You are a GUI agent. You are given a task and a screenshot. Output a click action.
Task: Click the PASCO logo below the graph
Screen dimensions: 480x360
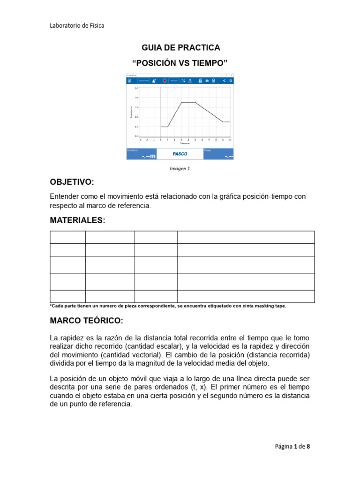[180, 154]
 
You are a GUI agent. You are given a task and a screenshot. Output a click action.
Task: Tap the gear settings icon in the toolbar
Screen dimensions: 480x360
[231, 81]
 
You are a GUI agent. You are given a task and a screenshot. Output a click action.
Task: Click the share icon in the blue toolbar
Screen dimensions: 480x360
[224, 81]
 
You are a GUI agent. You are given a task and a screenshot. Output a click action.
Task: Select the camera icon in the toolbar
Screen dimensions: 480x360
[207, 81]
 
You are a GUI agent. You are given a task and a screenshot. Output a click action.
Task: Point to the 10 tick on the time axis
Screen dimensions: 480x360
[229, 140]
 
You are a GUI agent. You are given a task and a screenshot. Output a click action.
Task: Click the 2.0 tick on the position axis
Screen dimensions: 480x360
[136, 88]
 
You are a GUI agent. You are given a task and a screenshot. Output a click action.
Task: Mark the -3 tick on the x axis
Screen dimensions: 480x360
[141, 140]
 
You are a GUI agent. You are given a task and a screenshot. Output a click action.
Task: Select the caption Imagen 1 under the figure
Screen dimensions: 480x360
[180, 168]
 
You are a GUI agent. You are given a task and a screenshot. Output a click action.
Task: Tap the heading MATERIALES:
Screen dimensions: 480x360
[78, 220]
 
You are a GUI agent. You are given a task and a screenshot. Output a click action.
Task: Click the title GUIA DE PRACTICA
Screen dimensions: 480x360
[180, 48]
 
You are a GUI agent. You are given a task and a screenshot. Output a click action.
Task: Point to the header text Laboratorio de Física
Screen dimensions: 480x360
[77, 25]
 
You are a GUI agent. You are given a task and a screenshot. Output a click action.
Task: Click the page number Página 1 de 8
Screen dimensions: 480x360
[292, 447]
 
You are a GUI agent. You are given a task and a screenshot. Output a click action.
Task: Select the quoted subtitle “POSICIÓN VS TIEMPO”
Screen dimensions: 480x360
[180, 63]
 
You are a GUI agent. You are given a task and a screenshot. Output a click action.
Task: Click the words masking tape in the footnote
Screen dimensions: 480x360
[270, 306]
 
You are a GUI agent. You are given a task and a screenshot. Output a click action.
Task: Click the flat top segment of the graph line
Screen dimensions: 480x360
[188, 102]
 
